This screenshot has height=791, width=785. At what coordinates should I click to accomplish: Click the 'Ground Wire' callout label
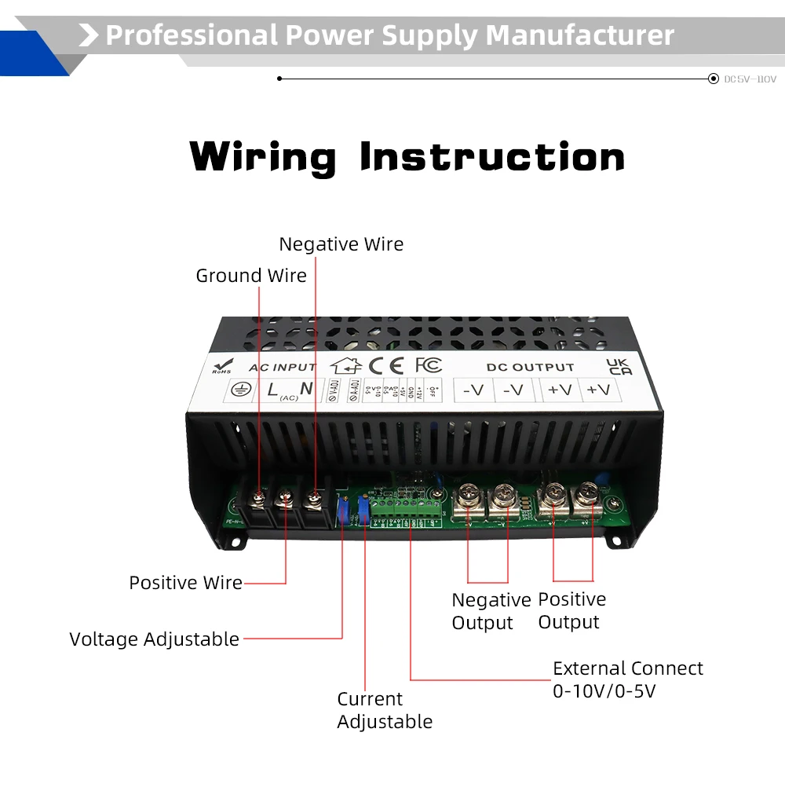pos(251,276)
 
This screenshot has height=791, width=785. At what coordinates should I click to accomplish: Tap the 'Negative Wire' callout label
pos(341,244)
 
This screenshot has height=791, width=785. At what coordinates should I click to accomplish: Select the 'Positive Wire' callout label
pos(185,583)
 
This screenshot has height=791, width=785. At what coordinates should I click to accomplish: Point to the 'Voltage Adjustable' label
pos(155,639)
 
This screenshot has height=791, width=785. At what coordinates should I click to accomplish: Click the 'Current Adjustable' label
pos(385,710)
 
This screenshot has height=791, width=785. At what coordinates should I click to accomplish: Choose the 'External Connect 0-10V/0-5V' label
pos(628,679)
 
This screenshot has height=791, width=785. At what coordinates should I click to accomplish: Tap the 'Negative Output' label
pos(491,611)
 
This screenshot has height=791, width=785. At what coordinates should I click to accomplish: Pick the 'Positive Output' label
pos(571,610)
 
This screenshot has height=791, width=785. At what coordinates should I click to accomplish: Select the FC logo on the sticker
pos(429,365)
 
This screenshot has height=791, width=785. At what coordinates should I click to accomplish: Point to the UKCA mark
pos(619,367)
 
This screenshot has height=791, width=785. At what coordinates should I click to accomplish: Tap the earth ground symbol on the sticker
pos(239,390)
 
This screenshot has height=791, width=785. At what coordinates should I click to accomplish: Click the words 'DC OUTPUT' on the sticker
pos(530,367)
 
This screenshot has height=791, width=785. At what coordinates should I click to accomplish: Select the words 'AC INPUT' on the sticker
pos(282,367)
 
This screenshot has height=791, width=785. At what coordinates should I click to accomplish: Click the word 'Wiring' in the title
pos(263,157)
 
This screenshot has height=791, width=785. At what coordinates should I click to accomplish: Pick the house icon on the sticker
pos(346,365)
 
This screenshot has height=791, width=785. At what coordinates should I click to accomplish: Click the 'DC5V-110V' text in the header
pos(750,79)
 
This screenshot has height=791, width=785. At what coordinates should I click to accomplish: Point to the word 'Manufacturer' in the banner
pos(580,35)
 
